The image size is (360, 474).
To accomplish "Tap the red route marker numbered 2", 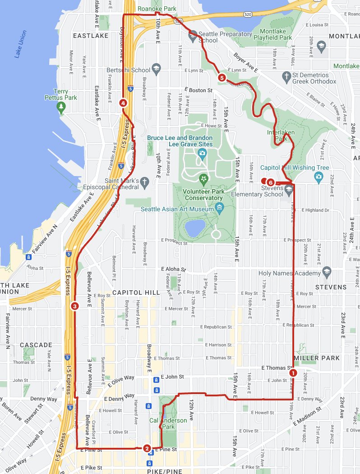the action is (147, 448).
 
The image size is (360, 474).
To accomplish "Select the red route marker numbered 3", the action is (75, 306).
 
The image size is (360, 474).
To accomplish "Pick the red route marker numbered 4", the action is (123, 103).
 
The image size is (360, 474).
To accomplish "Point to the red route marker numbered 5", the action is (222, 78).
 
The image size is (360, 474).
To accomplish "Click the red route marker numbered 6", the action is (270, 182).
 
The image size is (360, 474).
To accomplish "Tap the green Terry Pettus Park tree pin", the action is (61, 107).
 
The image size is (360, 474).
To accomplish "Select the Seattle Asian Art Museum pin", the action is (220, 208).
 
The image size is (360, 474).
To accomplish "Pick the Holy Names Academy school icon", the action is (327, 273).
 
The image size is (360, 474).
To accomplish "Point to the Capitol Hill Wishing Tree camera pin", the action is (319, 177).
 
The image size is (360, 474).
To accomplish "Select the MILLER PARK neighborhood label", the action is (316, 358).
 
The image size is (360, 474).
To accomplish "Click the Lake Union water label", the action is (20, 44).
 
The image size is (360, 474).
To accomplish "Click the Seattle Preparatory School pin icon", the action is (193, 34).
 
